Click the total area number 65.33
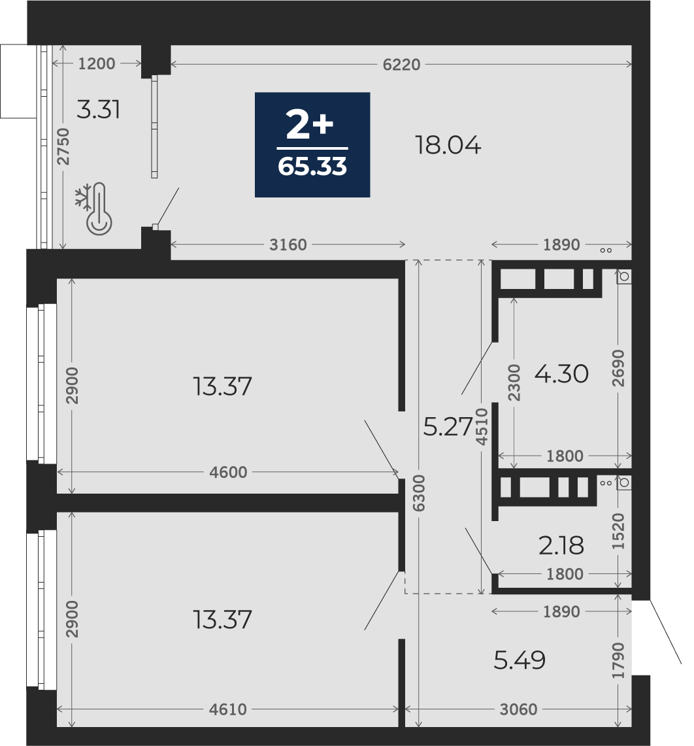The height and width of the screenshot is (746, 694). [x=312, y=167]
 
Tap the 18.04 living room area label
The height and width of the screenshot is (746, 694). [x=448, y=144]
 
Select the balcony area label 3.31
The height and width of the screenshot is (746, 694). [x=99, y=109]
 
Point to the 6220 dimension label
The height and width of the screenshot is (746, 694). [x=401, y=64]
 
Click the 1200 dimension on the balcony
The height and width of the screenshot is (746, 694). [x=97, y=63]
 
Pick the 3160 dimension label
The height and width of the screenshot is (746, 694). [x=288, y=245]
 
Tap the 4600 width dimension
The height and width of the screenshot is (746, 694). [x=228, y=472]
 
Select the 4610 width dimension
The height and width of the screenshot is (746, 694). [x=228, y=709]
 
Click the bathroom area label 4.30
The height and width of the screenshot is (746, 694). [x=561, y=374]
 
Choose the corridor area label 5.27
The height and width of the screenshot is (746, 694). [x=448, y=426]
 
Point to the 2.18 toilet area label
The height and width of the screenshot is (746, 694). [x=561, y=545]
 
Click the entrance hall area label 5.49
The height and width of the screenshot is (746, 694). [x=520, y=660]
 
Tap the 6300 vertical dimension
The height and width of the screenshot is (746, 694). [x=419, y=493]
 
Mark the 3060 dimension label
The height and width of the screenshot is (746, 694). [x=518, y=709]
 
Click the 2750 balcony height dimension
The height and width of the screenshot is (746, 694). [x=63, y=146]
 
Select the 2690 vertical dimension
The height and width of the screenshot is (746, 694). [x=618, y=368]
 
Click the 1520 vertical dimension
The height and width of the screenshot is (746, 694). [x=618, y=532]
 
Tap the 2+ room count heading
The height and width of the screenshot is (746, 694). [x=310, y=125]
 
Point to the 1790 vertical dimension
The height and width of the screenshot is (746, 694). [x=618, y=660]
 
